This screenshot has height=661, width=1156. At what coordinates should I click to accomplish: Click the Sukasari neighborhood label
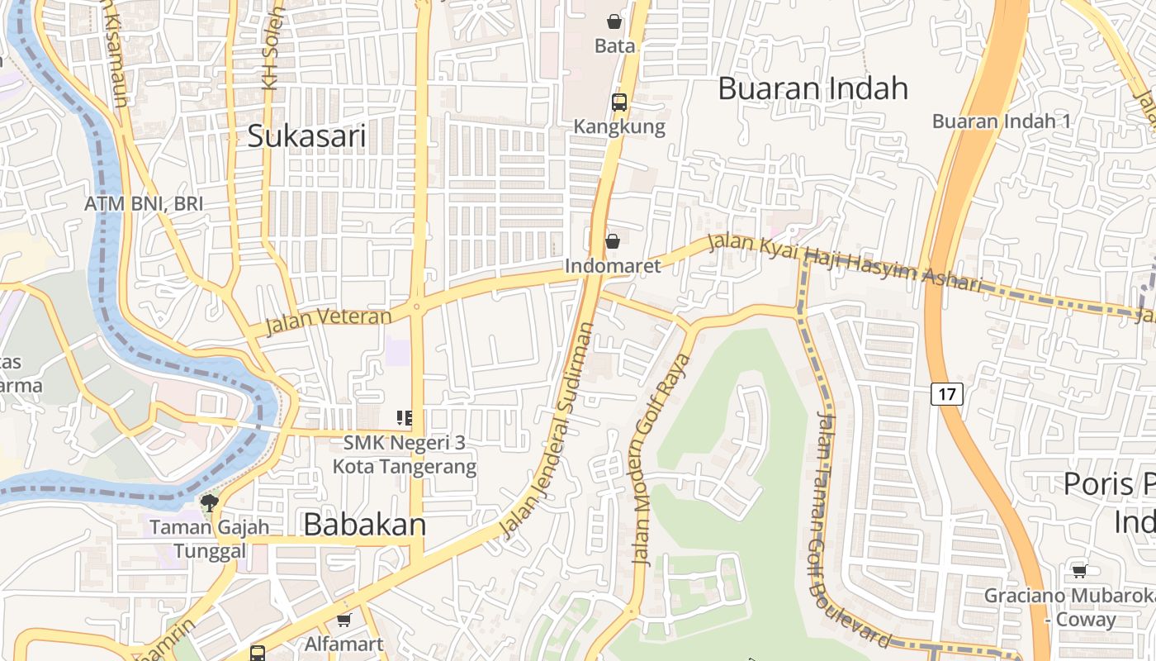[x=306, y=136]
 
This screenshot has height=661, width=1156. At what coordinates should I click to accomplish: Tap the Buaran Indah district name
[x=813, y=88]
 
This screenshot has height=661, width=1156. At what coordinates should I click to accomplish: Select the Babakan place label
[x=364, y=525]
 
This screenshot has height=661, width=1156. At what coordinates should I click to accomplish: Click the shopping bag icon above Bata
[x=614, y=21]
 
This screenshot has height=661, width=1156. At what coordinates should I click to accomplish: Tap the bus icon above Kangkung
[x=618, y=102]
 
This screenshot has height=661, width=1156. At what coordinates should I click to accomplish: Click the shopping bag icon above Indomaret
[x=613, y=241]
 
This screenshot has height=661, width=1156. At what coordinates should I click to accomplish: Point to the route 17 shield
[x=946, y=394]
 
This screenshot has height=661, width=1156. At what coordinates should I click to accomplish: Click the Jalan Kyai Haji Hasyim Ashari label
[x=846, y=264]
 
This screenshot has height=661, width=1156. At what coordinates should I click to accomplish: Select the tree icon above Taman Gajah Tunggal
[x=210, y=502]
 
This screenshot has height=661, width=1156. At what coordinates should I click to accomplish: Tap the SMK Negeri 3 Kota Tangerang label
[x=405, y=454]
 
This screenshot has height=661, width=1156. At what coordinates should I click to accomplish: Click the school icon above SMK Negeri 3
[x=404, y=418]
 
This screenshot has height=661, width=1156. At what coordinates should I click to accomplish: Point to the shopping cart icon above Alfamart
[x=344, y=620]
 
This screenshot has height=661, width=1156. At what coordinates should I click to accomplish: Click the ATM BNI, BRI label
[x=144, y=204]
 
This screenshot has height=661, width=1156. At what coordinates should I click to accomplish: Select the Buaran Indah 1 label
[x=1001, y=121]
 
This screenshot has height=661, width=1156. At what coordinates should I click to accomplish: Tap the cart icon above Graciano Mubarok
[x=1078, y=571]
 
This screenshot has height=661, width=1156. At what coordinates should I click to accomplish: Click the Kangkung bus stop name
[x=619, y=126]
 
